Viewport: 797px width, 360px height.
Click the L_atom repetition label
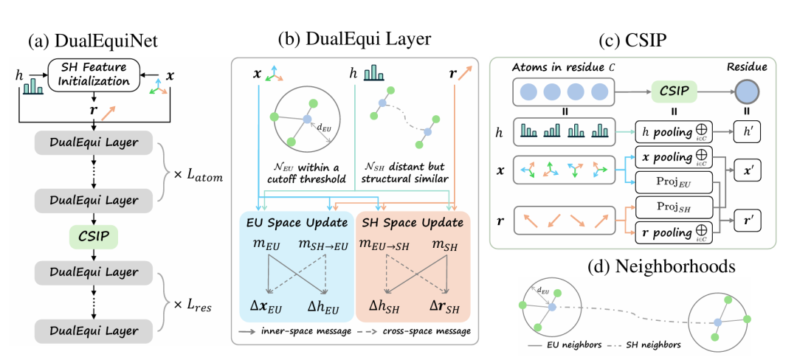pyautogui.click(x=196, y=177)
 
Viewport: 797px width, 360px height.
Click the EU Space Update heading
pyautogui.click(x=297, y=221)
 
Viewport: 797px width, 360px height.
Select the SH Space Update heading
pyautogui.click(x=414, y=221)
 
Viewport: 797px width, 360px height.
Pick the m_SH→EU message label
pyautogui.click(x=323, y=245)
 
